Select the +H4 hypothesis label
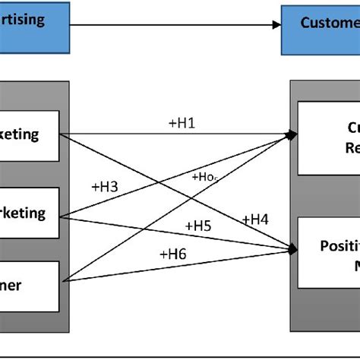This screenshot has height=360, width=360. tap(255, 219)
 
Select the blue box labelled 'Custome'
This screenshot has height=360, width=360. tap(320, 25)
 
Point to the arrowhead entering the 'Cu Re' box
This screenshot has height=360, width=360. tap(292, 134)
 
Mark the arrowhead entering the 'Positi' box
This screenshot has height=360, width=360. tap(292, 248)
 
